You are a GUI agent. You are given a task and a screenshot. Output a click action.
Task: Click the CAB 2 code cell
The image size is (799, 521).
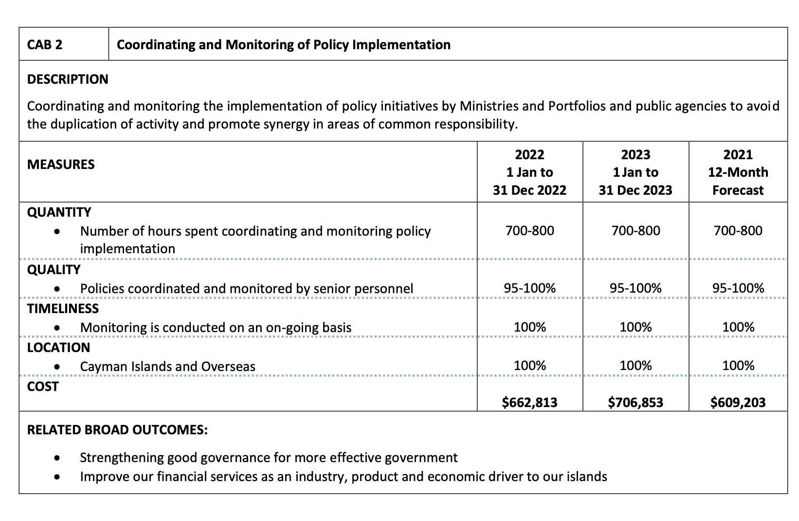(x=45, y=45)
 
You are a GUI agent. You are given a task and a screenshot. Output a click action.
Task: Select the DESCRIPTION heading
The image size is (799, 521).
(x=68, y=79)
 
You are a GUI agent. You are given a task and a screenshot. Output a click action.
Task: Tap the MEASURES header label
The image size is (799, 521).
(x=61, y=165)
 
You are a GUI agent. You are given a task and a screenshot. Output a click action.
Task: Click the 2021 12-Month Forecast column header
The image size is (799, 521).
(x=738, y=172)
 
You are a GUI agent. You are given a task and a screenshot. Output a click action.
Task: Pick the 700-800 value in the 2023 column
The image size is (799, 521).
(x=636, y=231)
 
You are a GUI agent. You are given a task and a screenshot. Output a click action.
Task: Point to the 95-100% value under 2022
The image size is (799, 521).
(x=529, y=288)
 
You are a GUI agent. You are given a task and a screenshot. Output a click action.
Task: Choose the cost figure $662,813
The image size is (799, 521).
(x=529, y=402)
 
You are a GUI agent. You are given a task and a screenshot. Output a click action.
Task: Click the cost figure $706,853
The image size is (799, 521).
(x=636, y=402)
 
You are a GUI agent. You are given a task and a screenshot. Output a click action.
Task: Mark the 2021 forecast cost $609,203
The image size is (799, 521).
(x=738, y=402)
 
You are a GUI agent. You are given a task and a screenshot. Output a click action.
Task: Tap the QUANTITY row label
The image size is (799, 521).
(x=59, y=212)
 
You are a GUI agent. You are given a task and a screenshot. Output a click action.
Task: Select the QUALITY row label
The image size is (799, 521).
(x=54, y=270)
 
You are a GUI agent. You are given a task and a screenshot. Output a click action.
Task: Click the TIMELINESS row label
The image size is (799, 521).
(x=63, y=309)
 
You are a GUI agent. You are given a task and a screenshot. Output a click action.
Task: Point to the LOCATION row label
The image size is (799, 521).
(x=58, y=348)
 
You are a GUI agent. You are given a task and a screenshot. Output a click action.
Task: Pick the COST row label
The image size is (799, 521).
(x=43, y=387)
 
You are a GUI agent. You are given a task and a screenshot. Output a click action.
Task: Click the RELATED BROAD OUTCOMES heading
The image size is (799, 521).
(x=117, y=430)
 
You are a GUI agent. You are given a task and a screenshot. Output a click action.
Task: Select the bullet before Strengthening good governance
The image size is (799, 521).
(x=58, y=458)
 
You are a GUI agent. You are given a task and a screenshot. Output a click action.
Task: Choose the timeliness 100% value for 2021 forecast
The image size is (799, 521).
(x=738, y=327)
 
